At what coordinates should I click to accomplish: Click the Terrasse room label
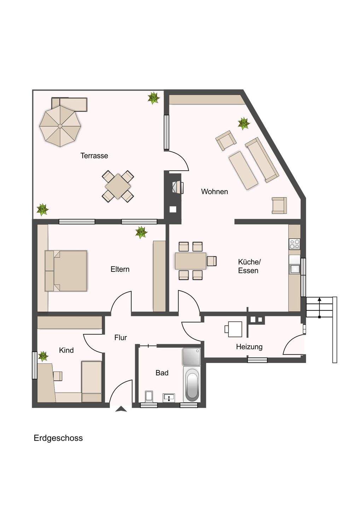point(94,156)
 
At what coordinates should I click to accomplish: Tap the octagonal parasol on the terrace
point(60,126)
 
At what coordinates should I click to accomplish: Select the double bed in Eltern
point(66,271)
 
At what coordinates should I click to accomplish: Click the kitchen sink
point(295,269)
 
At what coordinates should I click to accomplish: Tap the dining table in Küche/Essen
point(191,261)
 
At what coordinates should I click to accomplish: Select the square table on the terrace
point(118,186)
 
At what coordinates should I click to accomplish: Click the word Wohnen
point(214,192)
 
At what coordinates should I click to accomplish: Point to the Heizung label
point(249,347)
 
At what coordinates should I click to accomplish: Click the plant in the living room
point(244,124)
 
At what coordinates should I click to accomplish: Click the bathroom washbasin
point(169,398)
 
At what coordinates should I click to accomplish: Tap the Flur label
point(121,338)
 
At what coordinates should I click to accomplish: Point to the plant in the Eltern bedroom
point(141,232)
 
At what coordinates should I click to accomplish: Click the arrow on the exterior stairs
point(320,308)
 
